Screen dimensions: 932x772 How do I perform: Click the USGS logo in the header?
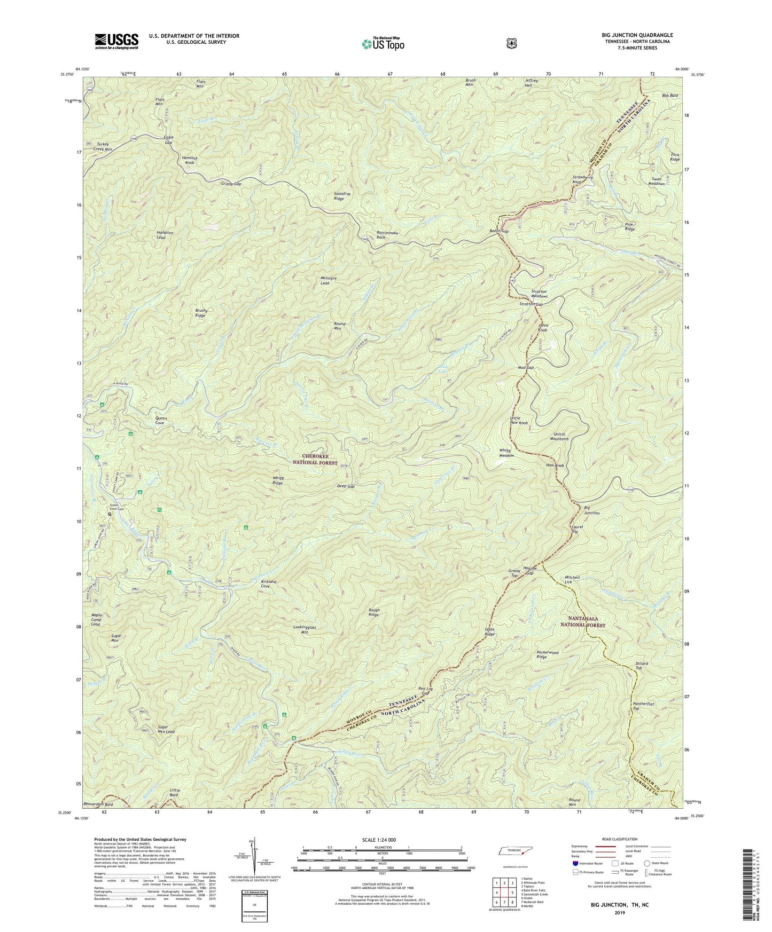pyautogui.click(x=116, y=41)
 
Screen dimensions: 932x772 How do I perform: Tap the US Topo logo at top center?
pyautogui.click(x=382, y=44)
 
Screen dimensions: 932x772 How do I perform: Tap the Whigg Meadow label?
pyautogui.click(x=507, y=453)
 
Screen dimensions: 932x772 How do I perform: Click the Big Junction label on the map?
pyautogui.click(x=591, y=510)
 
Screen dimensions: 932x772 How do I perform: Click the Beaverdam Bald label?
pyautogui.click(x=98, y=804)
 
